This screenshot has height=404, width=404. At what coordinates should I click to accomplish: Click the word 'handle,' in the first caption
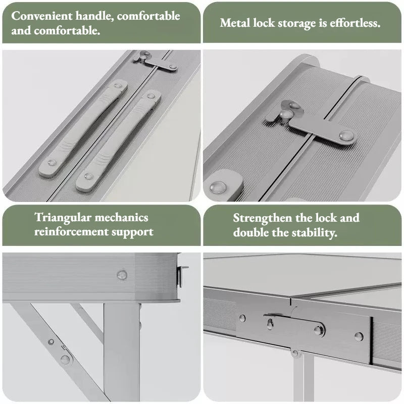(x=94, y=17)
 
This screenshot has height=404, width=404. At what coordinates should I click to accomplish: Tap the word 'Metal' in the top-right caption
(x=235, y=23)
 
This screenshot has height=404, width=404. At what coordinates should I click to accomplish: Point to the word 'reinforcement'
(x=71, y=232)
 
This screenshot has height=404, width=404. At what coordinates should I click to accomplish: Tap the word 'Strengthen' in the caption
(x=263, y=219)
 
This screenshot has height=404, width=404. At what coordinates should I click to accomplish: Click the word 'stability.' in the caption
(x=314, y=233)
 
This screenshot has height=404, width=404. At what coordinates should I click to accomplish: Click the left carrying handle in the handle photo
(x=83, y=128)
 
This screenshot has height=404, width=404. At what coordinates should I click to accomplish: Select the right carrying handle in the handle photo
(x=119, y=141)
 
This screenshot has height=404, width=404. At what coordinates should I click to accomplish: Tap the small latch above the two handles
(x=156, y=62)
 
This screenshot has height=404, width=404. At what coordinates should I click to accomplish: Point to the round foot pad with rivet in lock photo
(x=223, y=184)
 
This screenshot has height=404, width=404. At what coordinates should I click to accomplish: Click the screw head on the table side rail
(x=122, y=275)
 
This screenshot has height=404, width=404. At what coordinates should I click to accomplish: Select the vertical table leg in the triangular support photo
(x=122, y=351)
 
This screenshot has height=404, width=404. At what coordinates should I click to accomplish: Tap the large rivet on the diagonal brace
(x=65, y=359)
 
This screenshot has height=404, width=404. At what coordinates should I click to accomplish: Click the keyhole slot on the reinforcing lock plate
(x=270, y=324)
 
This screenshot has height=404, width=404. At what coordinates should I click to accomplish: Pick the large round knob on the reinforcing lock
(x=319, y=330)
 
